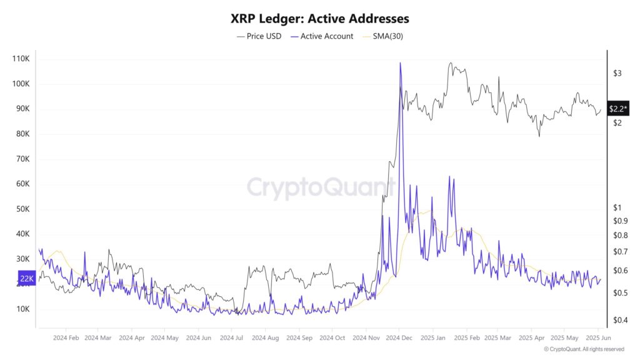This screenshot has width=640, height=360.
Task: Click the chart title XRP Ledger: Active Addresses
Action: click(320, 19)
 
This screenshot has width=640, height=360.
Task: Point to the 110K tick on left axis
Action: click(21, 59)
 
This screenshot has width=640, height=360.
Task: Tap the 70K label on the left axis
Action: click(22, 159)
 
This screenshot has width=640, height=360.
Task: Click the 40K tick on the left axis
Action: click(22, 234)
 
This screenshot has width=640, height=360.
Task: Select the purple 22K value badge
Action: click(27, 278)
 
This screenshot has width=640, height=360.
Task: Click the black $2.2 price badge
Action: click(617, 109)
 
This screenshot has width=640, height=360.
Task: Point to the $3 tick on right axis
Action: click(617, 73)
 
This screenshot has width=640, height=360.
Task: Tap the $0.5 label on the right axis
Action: click(620, 292)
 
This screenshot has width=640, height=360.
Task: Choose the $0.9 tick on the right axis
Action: click(620, 221)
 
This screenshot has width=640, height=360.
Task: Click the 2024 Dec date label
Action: click(398, 337)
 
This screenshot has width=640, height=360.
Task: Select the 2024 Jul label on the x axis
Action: click(231, 337)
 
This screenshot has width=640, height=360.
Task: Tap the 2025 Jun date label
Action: click(597, 337)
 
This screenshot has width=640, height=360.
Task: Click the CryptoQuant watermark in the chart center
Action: click(320, 187)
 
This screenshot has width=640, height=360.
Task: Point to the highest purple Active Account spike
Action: click(400, 63)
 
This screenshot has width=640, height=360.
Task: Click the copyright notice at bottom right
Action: click(583, 349)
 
